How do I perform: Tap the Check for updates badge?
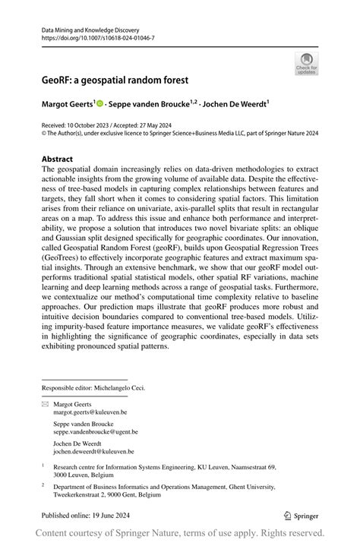pos(307,64)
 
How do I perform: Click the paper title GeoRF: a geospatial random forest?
pos(115,80)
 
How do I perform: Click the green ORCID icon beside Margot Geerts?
pos(101,101)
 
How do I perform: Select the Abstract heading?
pos(58,159)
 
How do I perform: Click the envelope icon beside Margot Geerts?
pos(44,405)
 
